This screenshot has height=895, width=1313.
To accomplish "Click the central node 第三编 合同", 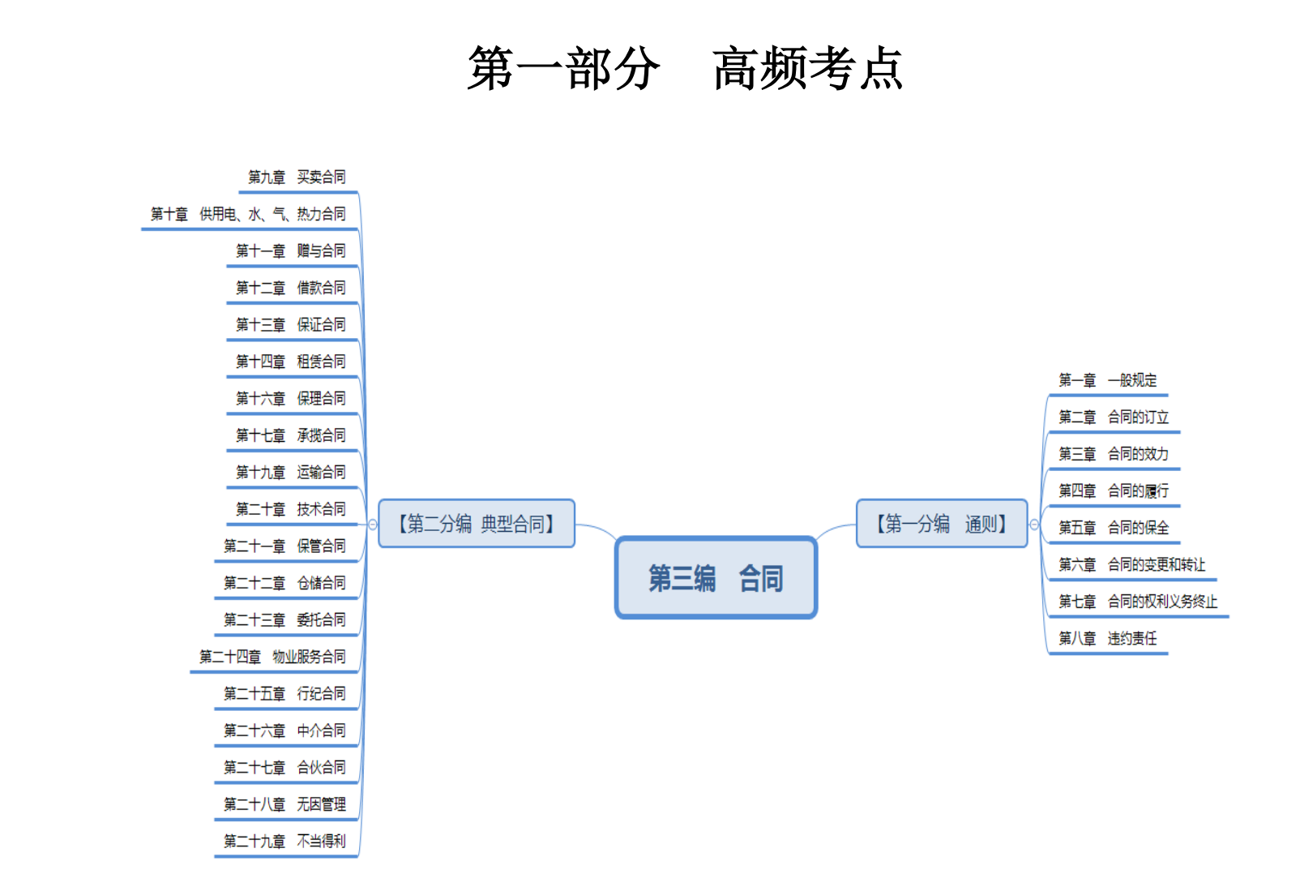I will click(716, 578).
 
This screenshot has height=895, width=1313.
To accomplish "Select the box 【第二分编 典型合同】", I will click(477, 524).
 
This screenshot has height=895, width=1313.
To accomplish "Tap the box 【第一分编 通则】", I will click(942, 524).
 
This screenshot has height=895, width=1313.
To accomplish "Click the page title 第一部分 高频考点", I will click(685, 68).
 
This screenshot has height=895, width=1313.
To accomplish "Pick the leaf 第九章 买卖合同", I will click(297, 178).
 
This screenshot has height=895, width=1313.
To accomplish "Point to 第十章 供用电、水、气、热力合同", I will click(248, 215).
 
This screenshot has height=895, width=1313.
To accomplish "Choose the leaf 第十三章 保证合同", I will click(291, 325).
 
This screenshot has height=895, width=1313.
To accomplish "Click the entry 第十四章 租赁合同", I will click(291, 362).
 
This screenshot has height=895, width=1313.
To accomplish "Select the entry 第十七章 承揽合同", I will click(291, 435).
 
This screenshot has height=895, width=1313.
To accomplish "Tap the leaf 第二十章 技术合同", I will click(291, 509).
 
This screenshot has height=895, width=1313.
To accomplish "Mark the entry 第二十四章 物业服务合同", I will click(273, 657).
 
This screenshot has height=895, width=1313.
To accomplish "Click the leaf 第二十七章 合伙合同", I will click(285, 767).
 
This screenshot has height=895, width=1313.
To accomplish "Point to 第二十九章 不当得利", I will click(285, 841).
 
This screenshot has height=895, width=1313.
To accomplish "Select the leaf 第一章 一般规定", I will click(1107, 380).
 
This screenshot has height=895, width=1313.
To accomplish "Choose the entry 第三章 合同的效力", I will click(1114, 454).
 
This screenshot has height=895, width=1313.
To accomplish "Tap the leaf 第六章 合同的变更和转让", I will click(1131, 564).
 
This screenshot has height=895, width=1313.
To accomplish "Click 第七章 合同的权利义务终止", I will click(1138, 602).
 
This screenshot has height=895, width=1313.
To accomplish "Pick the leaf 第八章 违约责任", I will click(1107, 639).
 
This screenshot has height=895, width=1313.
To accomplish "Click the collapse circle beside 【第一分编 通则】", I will click(1034, 525).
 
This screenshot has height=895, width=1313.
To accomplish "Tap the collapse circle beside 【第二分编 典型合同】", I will click(373, 525).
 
